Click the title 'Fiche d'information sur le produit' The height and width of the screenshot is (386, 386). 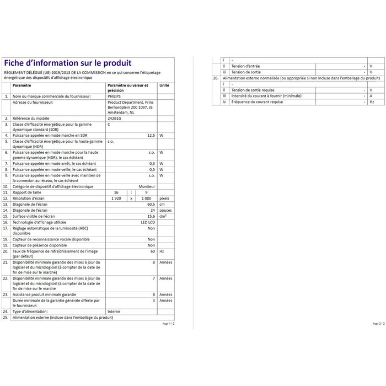pos(68,63)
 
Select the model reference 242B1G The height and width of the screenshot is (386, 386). pos(114,119)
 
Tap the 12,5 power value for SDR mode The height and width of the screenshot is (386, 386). pos(151,135)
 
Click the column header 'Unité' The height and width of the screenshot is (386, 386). pos(164,85)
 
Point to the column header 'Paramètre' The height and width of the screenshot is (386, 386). pos(22,85)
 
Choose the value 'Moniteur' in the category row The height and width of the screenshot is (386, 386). pos(147,187)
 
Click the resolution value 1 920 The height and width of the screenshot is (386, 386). pos(116,198)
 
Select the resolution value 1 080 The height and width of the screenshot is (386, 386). pos(146,198)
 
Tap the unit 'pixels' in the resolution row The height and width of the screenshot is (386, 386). pos(164,198)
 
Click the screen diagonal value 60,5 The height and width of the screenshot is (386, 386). pos(151,204)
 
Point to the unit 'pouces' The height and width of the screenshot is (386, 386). pos(165,210)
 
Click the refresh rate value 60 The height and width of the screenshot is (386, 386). pos(152,250)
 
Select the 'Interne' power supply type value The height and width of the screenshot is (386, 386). pos(114,312)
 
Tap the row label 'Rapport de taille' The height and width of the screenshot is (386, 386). pos(30,192)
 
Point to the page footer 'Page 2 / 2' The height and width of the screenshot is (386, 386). pos(378,324)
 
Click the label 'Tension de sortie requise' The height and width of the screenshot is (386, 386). pos(253,90)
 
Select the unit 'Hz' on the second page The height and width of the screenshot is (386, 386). pos(372,102)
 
